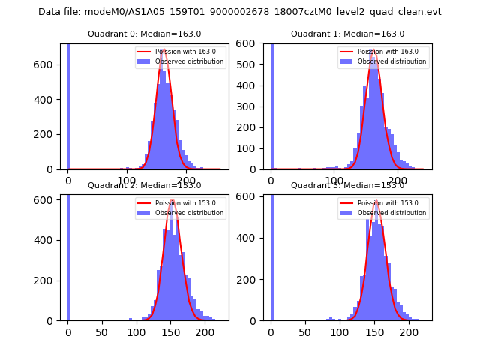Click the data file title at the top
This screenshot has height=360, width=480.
pos(240,12)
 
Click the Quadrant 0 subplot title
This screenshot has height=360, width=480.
pos(144,34)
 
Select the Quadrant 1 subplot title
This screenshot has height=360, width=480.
pos(347,34)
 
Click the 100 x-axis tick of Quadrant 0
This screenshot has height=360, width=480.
pos(127,181)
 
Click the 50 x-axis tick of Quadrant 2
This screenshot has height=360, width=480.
pos(102,331)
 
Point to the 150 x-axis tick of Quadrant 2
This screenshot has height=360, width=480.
pos(171,331)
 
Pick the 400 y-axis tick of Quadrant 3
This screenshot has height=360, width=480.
pos(250,238)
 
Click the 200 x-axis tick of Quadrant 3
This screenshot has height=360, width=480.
pos(409,331)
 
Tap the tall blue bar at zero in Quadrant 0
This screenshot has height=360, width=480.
pos(69,105)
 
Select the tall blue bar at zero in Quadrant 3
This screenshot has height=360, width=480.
pos(271,255)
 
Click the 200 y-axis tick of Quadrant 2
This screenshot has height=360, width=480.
pos(46,280)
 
